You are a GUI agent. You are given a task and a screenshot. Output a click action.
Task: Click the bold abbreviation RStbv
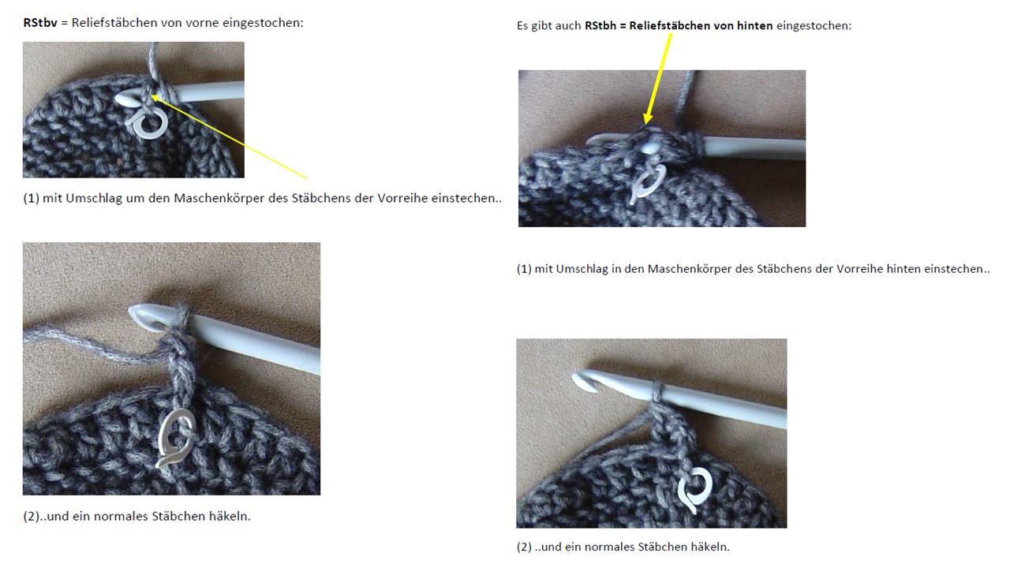40,23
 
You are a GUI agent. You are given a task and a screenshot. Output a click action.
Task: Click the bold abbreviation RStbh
600,26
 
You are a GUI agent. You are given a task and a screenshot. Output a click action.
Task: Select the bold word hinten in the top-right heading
755,26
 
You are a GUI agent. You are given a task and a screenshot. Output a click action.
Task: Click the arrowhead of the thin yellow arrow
153,96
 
